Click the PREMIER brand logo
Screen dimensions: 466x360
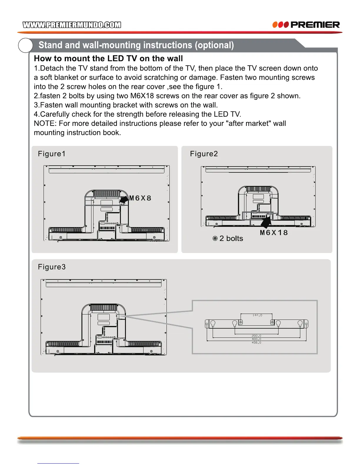click(306, 25)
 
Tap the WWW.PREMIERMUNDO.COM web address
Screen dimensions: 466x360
click(72, 25)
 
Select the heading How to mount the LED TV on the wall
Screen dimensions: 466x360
click(108, 59)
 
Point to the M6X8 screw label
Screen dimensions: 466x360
click(140, 198)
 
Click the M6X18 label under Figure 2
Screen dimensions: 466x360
click(274, 233)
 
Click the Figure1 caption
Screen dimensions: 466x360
click(51, 154)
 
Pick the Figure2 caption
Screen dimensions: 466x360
click(204, 154)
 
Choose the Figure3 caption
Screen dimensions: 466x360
click(51, 267)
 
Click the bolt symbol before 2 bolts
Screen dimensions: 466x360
click(215, 238)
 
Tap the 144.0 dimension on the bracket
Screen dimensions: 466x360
click(257, 315)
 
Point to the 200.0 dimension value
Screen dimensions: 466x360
click(256, 336)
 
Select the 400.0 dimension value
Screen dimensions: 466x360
click(256, 339)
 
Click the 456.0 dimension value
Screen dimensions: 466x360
click(256, 343)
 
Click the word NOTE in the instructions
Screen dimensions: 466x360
click(44, 124)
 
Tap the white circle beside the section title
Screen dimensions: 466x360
click(26, 45)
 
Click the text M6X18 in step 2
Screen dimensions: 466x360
click(142, 96)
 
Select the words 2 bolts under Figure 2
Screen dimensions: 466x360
click(231, 238)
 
